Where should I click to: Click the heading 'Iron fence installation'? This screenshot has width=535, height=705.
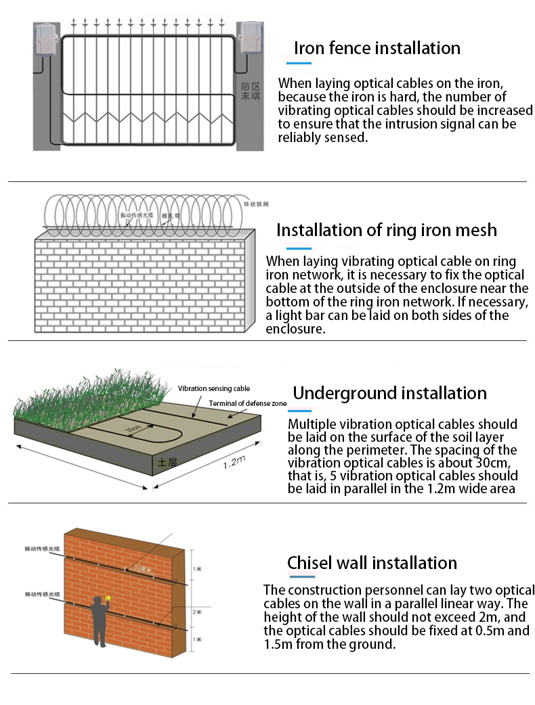click(x=377, y=48)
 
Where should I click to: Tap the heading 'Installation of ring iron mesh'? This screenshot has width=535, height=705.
click(x=386, y=230)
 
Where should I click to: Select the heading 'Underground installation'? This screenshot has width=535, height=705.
click(x=389, y=393)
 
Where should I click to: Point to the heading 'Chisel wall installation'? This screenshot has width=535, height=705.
click(x=372, y=563)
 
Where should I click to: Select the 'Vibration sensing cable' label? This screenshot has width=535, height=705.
click(x=213, y=389)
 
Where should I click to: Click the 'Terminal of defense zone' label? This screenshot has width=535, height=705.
click(x=248, y=403)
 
